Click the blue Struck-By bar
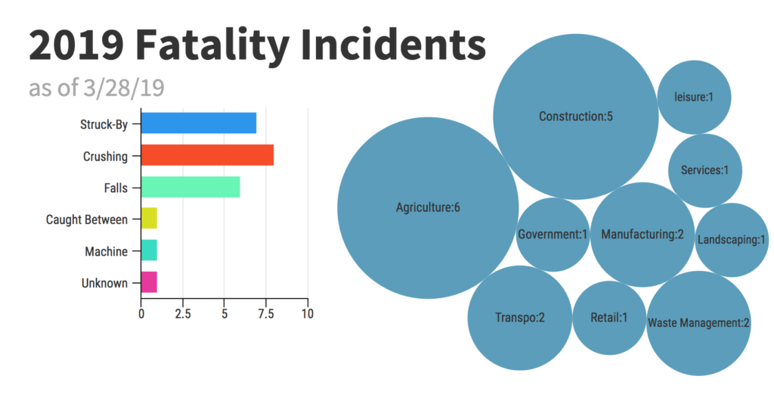click(199, 123)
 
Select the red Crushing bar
click(207, 155)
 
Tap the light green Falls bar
click(190, 187)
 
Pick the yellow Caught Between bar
click(149, 219)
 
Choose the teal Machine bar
click(149, 250)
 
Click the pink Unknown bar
click(149, 282)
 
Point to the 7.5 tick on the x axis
click(266, 313)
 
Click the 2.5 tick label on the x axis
click(182, 313)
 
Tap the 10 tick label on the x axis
click(308, 313)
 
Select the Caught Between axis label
click(86, 219)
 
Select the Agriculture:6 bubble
click(428, 207)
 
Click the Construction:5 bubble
click(575, 117)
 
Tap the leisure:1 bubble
click(694, 97)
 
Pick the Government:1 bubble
click(553, 235)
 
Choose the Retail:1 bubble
click(609, 318)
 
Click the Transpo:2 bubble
click(520, 318)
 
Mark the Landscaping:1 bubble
click(732, 240)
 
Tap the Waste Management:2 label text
click(698, 323)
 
